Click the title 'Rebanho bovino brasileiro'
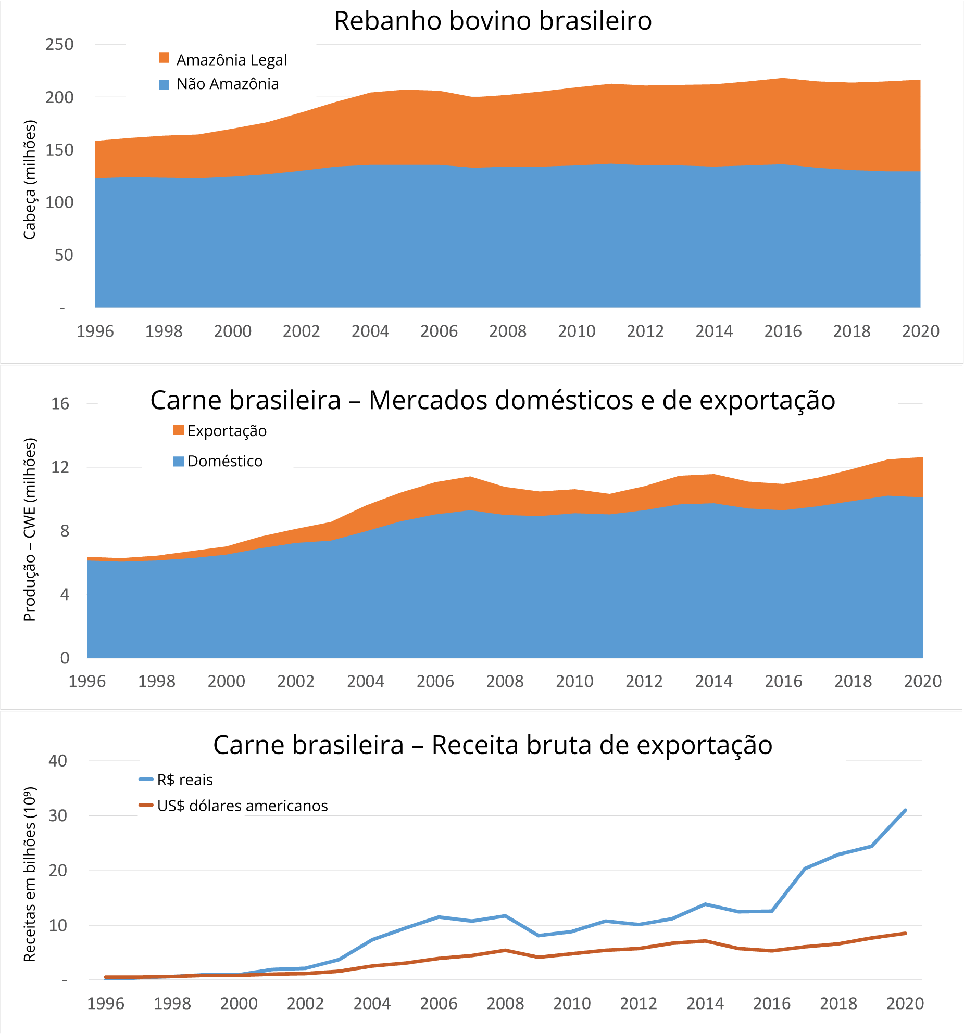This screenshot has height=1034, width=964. [493, 21]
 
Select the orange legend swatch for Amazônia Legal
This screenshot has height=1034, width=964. [164, 58]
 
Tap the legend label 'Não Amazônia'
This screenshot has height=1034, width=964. [228, 84]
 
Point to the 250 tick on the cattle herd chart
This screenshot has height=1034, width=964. [59, 45]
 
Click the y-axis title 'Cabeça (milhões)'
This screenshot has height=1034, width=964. [30, 180]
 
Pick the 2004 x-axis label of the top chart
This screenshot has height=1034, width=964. [370, 331]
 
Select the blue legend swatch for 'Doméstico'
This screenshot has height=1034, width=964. [179, 461]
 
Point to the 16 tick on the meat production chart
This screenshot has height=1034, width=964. [60, 404]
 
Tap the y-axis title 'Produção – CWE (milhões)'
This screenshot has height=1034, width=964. [30, 530]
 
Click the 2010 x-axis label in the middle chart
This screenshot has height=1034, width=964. [574, 681]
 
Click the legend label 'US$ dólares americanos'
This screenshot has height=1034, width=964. [242, 806]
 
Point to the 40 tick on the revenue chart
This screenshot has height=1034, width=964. [58, 761]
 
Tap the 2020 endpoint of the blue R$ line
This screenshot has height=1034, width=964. [905, 810]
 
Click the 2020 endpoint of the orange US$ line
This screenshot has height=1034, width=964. [905, 934]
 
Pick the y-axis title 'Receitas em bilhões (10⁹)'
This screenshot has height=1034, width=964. [30, 874]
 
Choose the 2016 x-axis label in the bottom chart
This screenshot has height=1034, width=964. [772, 1003]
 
